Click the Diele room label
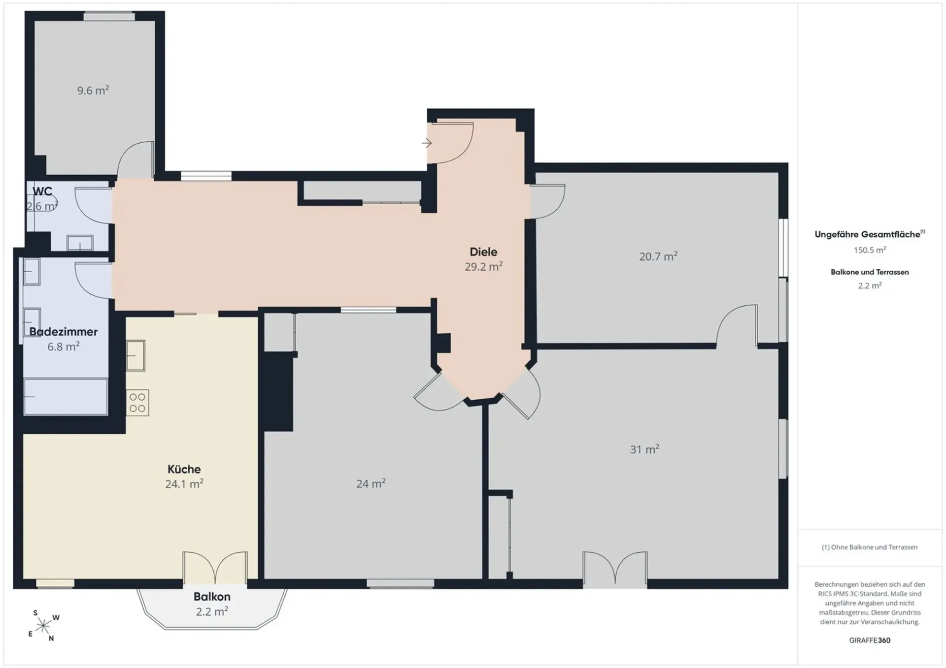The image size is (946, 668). pos(483,252)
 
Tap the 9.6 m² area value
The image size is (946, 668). pos(93,90)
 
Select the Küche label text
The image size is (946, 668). pos(184,469)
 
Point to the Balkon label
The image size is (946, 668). pos(212,597)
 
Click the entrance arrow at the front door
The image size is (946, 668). pos(427,143)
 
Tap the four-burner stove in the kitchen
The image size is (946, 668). pos(137,402)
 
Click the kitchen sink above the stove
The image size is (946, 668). pos(135,355)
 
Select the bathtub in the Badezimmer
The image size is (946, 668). pos(66,396)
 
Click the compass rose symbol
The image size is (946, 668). pos(43,626)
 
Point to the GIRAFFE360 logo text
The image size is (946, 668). pos(870,640)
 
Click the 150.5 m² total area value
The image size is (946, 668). pos(870,250)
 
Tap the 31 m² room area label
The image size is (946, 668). pos(644,449)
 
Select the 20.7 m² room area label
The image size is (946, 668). pos(658,256)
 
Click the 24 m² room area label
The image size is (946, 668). pos(371,484)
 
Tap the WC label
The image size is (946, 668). pos(42,191)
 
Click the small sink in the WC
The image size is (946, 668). pos(80,243)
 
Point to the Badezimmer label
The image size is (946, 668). pos(64,332)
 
